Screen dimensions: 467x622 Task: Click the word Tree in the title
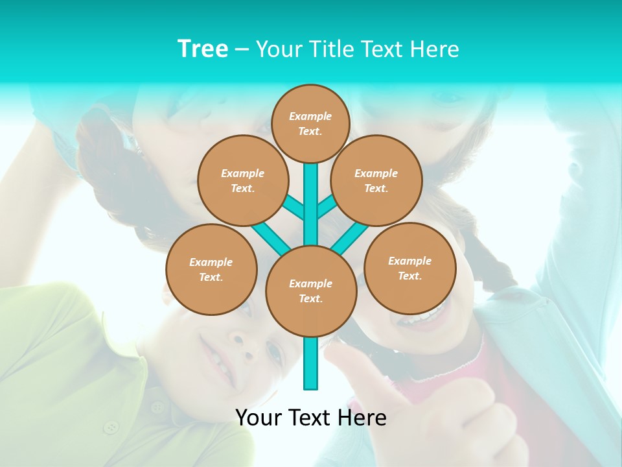click(203, 49)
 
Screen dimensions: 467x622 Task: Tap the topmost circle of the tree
click(310, 123)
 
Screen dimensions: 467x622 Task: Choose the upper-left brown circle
click(243, 180)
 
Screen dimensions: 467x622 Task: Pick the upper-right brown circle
click(376, 180)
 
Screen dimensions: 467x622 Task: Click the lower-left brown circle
click(211, 269)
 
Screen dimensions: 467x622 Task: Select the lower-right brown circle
click(409, 268)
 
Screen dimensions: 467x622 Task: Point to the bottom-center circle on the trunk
click(311, 291)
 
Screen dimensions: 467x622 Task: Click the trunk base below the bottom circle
click(311, 363)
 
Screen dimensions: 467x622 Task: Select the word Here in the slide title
click(435, 49)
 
